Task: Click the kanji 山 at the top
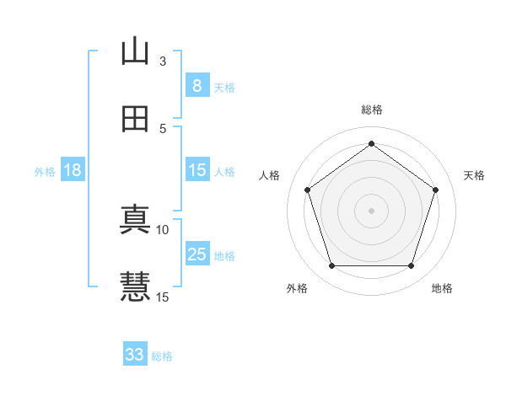[x=135, y=51]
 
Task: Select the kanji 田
[x=135, y=119]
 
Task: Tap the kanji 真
[x=135, y=220]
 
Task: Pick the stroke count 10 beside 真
[x=163, y=229]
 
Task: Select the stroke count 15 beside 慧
[x=163, y=297]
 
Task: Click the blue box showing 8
[x=196, y=86]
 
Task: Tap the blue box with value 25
[x=196, y=254]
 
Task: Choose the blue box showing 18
[x=73, y=170]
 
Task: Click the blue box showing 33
[x=135, y=355]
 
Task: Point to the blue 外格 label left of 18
[x=45, y=171]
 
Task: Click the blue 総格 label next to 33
[x=162, y=356]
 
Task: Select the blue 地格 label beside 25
[x=224, y=255]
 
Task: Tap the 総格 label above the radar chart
[x=371, y=110]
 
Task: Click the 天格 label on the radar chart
[x=474, y=175]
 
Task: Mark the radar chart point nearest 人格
[x=307, y=190]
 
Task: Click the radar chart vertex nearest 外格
[x=331, y=266]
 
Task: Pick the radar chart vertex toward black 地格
[x=411, y=266]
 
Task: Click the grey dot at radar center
[x=371, y=210]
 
